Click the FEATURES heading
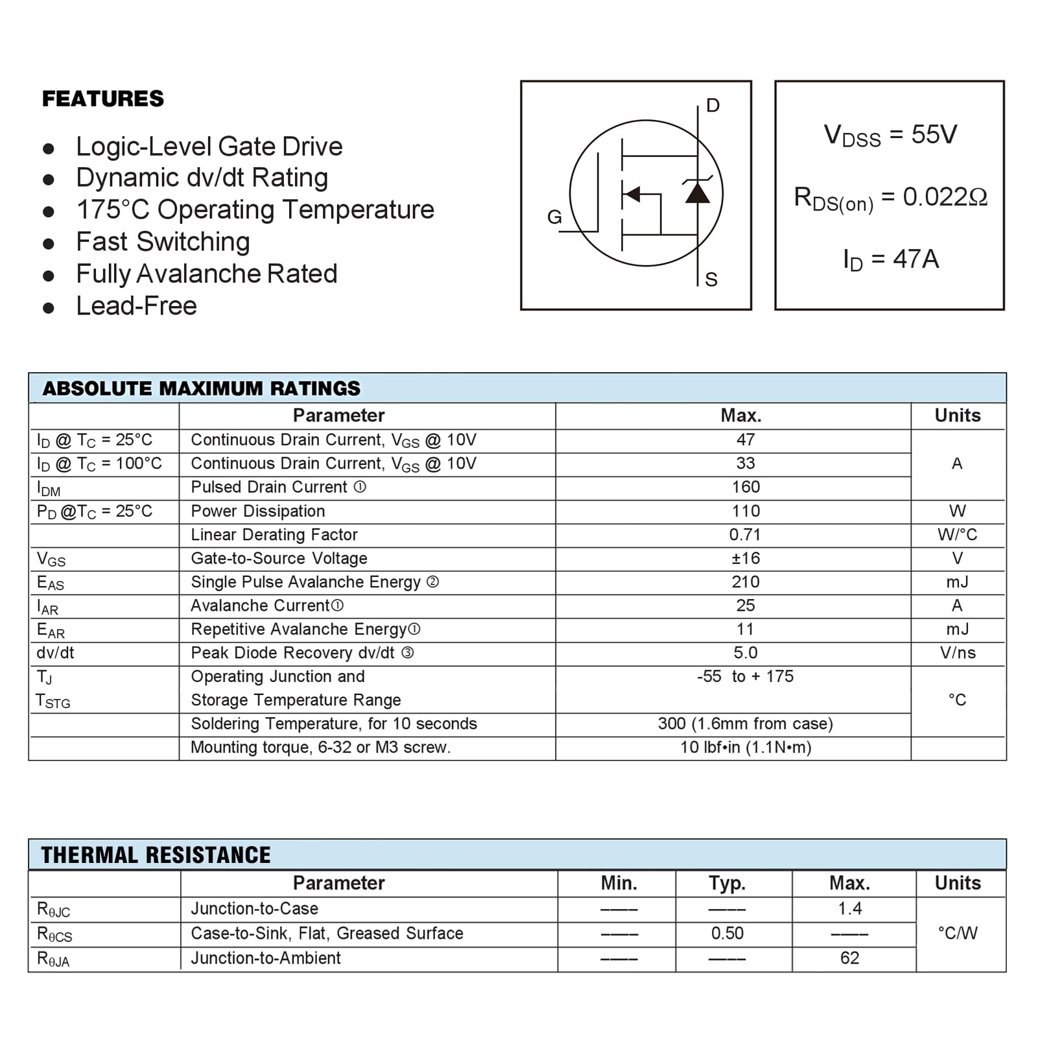(x=103, y=99)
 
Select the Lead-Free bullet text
(x=136, y=306)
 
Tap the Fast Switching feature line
(x=163, y=242)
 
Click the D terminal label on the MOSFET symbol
(x=713, y=106)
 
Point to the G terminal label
(x=554, y=217)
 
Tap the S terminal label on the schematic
(x=711, y=279)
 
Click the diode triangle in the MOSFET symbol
(x=698, y=193)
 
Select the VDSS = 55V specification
(x=890, y=135)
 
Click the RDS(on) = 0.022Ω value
(x=890, y=197)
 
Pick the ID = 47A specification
(x=890, y=259)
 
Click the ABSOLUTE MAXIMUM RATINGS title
(x=201, y=388)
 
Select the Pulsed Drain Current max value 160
(x=746, y=488)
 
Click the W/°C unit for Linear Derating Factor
(x=957, y=535)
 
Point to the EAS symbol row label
(x=51, y=583)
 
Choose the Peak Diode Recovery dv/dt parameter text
(x=292, y=653)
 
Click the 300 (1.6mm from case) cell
(x=745, y=724)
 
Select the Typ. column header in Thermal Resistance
(x=727, y=883)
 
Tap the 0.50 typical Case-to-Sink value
(x=727, y=934)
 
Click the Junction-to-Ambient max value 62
(x=849, y=958)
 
